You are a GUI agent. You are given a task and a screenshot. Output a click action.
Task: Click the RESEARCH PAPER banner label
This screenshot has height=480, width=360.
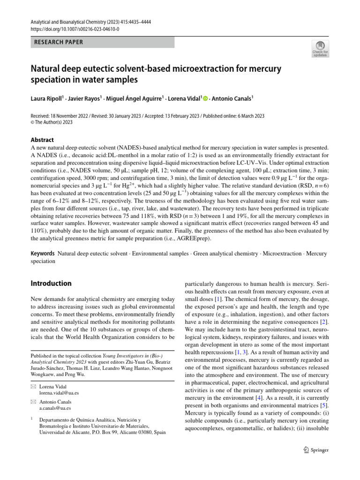pyautogui.click(x=59, y=42)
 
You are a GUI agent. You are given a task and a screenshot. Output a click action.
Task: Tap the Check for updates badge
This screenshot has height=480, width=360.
pyautogui.click(x=320, y=49)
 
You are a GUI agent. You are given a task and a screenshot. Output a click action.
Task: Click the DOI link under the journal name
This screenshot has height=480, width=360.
pyautogui.click(x=75, y=29)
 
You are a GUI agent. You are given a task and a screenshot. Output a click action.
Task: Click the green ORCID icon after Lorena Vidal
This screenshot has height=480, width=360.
pyautogui.click(x=205, y=98)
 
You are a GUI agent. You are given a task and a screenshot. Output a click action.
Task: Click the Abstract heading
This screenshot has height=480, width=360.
pyautogui.click(x=42, y=140)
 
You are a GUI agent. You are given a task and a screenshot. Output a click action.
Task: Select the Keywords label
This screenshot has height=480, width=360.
pyautogui.click(x=43, y=254)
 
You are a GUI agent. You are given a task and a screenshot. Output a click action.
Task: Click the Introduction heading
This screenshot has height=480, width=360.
pyautogui.click(x=51, y=284)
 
